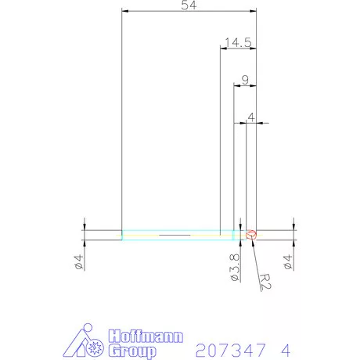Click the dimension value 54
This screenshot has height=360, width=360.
[x=188, y=6]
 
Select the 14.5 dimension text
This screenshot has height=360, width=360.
[x=236, y=43]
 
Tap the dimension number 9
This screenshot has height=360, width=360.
[x=246, y=79]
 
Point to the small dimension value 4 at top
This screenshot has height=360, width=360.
[x=250, y=117]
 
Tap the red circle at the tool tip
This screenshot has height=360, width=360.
[x=251, y=233]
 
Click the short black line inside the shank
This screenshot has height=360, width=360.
[x=174, y=234]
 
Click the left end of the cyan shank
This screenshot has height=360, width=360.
[x=123, y=234]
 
